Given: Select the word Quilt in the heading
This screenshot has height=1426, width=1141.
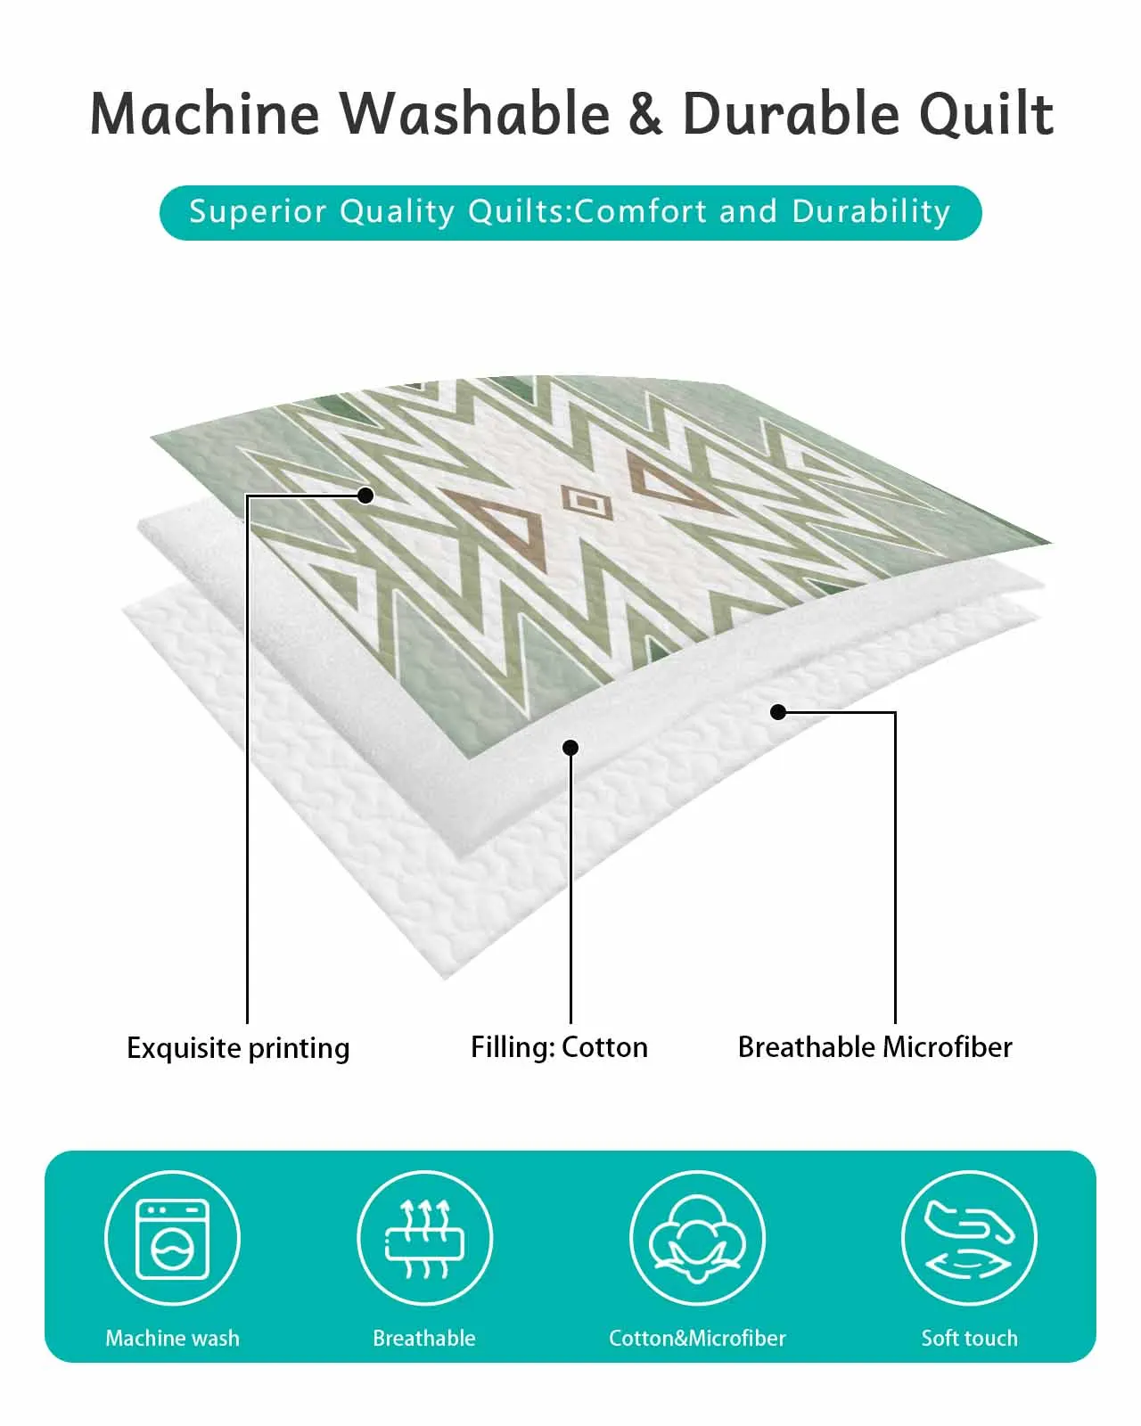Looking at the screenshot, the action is pyautogui.click(x=987, y=114).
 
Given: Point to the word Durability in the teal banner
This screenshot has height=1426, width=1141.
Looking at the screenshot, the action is pyautogui.click(x=871, y=212).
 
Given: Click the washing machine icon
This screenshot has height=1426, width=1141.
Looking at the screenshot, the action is pyautogui.click(x=172, y=1239).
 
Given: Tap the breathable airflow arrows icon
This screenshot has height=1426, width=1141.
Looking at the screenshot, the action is pyautogui.click(x=425, y=1238).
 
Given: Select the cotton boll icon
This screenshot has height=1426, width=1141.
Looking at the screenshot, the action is pyautogui.click(x=697, y=1239).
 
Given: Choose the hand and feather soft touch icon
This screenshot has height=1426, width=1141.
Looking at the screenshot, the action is pyautogui.click(x=969, y=1239).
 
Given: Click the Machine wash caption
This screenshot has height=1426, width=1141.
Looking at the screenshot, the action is pyautogui.click(x=172, y=1338).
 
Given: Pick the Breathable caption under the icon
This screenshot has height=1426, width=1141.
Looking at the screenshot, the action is pyautogui.click(x=424, y=1338).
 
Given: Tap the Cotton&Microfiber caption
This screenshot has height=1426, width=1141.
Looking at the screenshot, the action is pyautogui.click(x=697, y=1338).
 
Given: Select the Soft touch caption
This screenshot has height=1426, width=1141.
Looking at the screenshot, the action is pyautogui.click(x=969, y=1338).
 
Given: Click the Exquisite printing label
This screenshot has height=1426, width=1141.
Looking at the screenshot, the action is pyautogui.click(x=238, y=1048).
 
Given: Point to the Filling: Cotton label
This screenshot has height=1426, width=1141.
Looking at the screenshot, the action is pyautogui.click(x=559, y=1047).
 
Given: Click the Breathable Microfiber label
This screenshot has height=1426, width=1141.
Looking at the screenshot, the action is pyautogui.click(x=875, y=1047).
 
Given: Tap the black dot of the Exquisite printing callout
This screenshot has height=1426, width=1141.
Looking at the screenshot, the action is pyautogui.click(x=365, y=495).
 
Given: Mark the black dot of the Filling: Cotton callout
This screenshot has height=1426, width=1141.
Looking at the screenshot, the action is pyautogui.click(x=570, y=748).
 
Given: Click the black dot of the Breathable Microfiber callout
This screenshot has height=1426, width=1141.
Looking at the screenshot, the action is pyautogui.click(x=778, y=712).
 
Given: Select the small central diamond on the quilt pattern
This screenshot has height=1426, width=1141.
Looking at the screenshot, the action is pyautogui.click(x=587, y=504).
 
